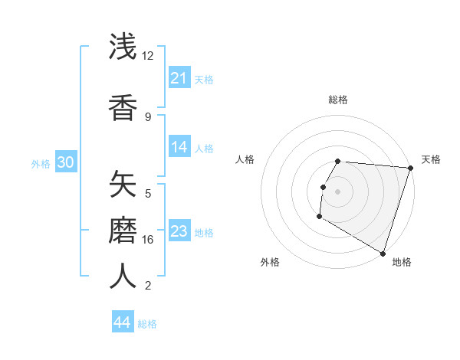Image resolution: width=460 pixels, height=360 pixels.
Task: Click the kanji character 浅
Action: (x=123, y=47)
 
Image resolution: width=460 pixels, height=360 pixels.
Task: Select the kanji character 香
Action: (x=123, y=106)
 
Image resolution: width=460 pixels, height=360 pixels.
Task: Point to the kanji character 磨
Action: (x=123, y=229)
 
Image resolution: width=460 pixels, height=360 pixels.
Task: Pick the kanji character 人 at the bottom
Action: (x=123, y=276)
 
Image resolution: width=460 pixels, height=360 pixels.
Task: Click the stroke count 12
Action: (x=147, y=56)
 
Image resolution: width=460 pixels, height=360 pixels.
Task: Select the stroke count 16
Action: (x=148, y=240)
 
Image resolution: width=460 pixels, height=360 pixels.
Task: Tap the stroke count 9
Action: (x=148, y=116)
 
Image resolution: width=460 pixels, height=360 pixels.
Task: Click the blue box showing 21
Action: (x=179, y=77)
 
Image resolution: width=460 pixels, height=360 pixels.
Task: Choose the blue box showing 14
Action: (x=179, y=147)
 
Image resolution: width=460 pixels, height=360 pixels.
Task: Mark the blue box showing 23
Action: (x=179, y=231)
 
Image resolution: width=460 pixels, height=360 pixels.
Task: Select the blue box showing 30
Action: (x=65, y=162)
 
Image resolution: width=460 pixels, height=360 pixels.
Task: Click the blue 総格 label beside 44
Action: (x=147, y=324)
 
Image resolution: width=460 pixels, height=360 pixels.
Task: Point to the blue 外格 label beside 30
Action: (x=41, y=164)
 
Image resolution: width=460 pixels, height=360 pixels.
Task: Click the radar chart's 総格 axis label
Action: (x=338, y=100)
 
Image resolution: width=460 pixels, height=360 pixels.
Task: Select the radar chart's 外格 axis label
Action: (x=270, y=262)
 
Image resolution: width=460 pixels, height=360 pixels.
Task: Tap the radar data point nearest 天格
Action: (x=410, y=168)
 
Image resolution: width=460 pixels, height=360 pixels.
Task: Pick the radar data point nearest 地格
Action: (x=383, y=253)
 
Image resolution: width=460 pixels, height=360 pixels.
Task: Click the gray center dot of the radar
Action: (x=338, y=191)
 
